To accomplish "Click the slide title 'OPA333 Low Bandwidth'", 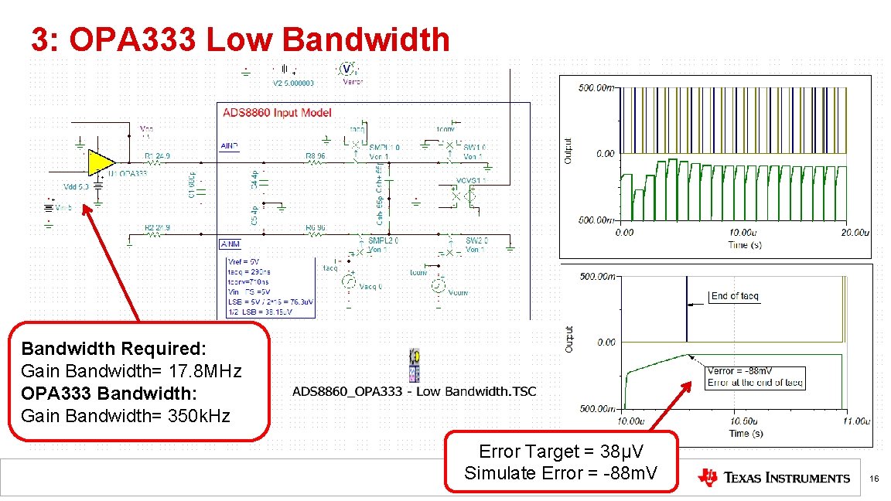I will [240, 39].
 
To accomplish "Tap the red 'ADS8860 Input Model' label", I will [277, 113].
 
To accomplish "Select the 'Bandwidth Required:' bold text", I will [114, 349].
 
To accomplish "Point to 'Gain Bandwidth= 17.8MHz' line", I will [131, 371].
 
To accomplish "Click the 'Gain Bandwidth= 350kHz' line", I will [126, 416].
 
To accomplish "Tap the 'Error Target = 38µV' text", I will [561, 452].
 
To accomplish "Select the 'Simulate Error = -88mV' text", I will [561, 473].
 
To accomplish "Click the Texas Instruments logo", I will [773, 478].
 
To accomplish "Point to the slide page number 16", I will [874, 480].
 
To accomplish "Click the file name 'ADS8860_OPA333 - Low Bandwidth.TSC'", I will [414, 392].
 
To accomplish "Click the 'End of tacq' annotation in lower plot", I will [735, 296].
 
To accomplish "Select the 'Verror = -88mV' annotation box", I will [755, 377].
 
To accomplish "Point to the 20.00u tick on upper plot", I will [855, 232].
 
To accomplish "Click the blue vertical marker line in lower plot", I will [686, 309].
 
